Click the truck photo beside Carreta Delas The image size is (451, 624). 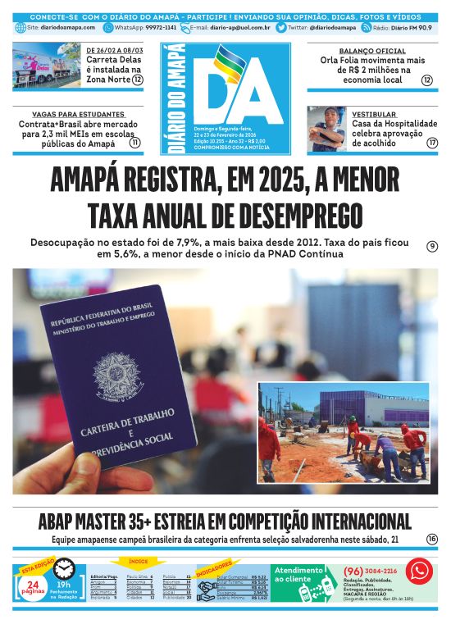[46, 65]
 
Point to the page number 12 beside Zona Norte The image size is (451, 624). [138, 80]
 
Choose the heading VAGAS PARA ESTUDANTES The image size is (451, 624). [78, 114]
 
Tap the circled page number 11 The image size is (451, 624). [135, 142]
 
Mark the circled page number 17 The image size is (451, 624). [432, 143]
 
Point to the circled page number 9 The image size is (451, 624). [432, 247]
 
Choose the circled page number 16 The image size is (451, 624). [432, 539]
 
